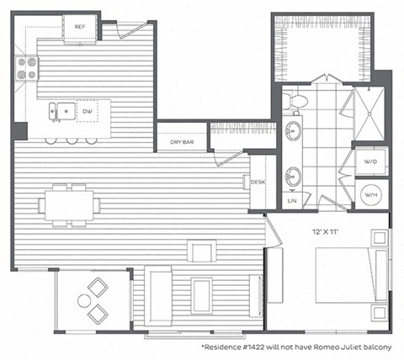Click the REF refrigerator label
pyautogui.click(x=80, y=27)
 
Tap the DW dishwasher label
pyautogui.click(x=87, y=109)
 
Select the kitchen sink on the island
pyautogui.click(x=57, y=109)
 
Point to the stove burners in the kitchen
pyautogui.click(x=27, y=67)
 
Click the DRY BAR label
pyautogui.click(x=183, y=142)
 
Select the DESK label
pyautogui.click(x=258, y=182)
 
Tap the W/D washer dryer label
pyautogui.click(x=370, y=161)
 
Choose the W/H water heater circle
pyautogui.click(x=370, y=194)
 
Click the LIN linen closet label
pyautogui.click(x=292, y=201)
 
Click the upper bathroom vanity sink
pyautogui.click(x=294, y=131)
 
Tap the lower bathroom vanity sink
pyautogui.click(x=294, y=177)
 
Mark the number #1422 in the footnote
pyautogui.click(x=258, y=346)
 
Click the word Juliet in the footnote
pyautogui.click(x=351, y=346)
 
